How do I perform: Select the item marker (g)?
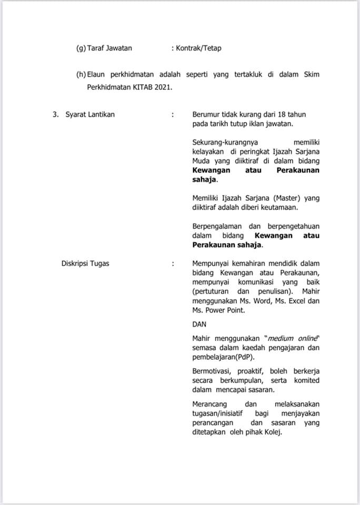81,48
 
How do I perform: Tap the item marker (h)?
81,74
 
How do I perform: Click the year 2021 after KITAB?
163,87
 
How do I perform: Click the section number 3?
55,114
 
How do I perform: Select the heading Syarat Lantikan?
90,114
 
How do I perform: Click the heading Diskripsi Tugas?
85,263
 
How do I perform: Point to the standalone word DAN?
199,325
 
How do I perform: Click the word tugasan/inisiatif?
222,413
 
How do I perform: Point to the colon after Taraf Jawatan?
173,48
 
